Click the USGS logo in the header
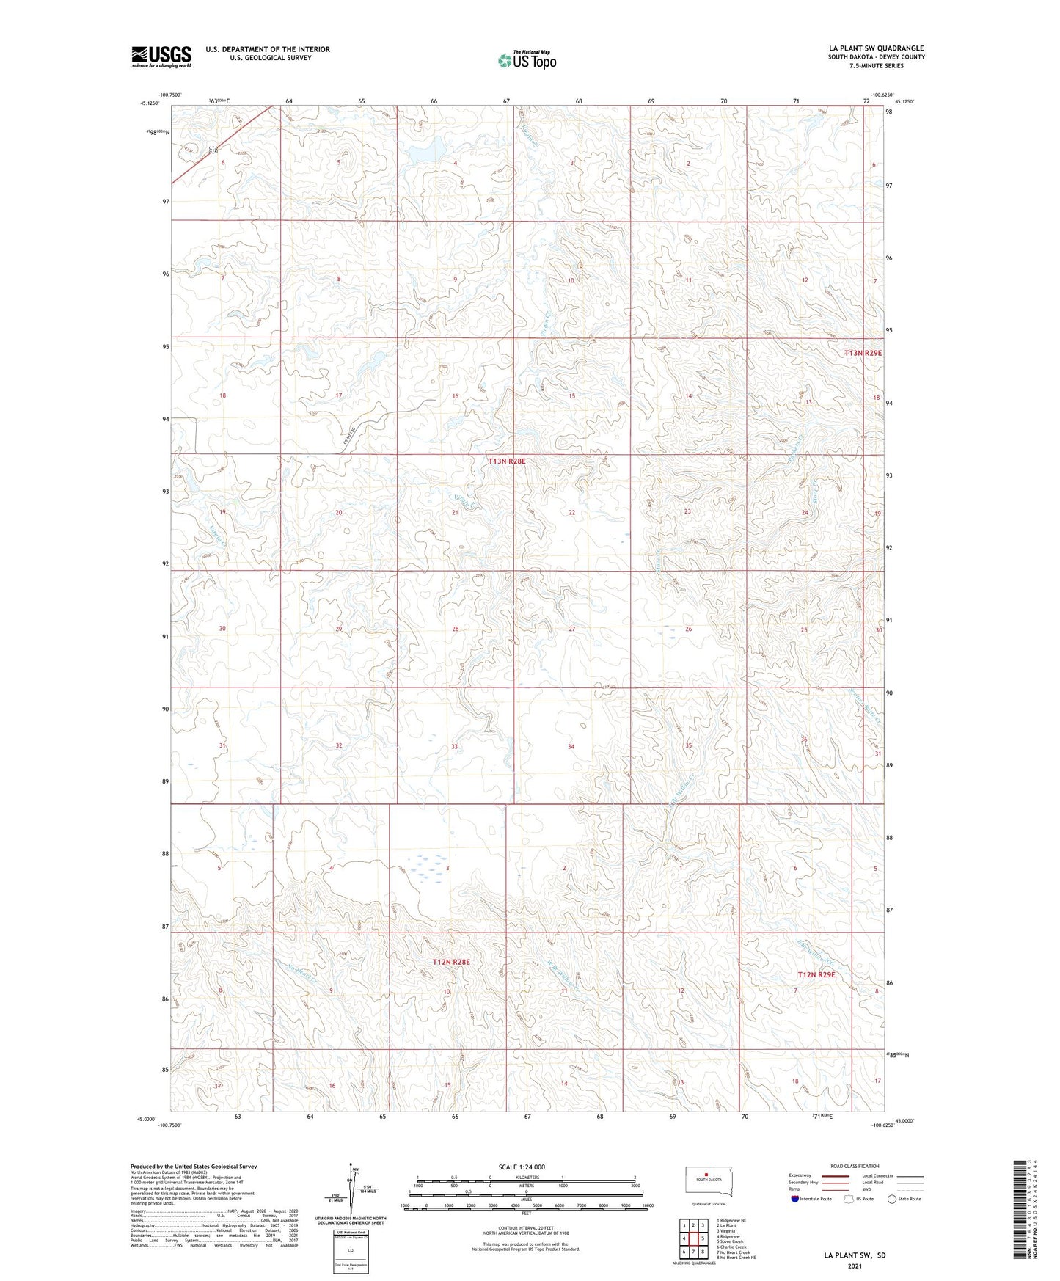pyautogui.click(x=161, y=56)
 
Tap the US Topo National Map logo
pyautogui.click(x=527, y=60)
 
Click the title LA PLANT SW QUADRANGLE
pyautogui.click(x=876, y=48)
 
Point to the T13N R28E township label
pyautogui.click(x=508, y=461)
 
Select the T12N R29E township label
pyautogui.click(x=816, y=974)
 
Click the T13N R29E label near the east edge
pyautogui.click(x=863, y=353)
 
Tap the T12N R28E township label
pyautogui.click(x=450, y=961)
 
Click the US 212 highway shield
pyautogui.click(x=213, y=150)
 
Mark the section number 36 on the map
pyautogui.click(x=804, y=739)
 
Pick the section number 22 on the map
pyautogui.click(x=571, y=512)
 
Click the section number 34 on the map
pyautogui.click(x=571, y=747)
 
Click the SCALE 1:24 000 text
pyautogui.click(x=522, y=1167)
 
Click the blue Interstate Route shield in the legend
pyautogui.click(x=795, y=1199)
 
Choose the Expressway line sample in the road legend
pyautogui.click(x=836, y=1175)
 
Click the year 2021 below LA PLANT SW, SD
pyautogui.click(x=854, y=1266)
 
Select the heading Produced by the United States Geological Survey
pyautogui.click(x=194, y=1166)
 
